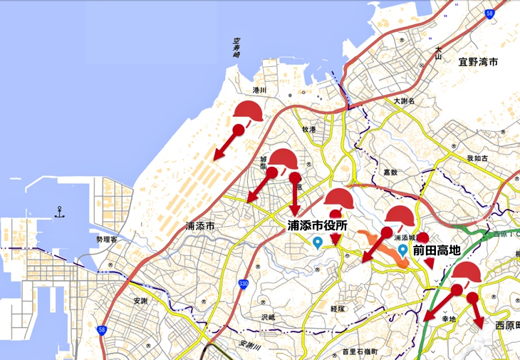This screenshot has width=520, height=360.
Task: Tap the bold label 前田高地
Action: (436, 251)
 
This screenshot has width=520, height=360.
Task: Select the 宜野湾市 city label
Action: (478, 63)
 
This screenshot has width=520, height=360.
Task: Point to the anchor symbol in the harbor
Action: (59, 212)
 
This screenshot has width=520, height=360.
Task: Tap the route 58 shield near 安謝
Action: (103, 330)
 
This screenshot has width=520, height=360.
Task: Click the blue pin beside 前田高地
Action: (402, 250)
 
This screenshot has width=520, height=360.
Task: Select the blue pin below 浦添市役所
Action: (317, 243)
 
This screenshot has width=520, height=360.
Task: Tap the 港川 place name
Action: (259, 91)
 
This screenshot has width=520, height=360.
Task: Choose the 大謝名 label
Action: (404, 101)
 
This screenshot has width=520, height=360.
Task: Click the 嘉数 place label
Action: (389, 172)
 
